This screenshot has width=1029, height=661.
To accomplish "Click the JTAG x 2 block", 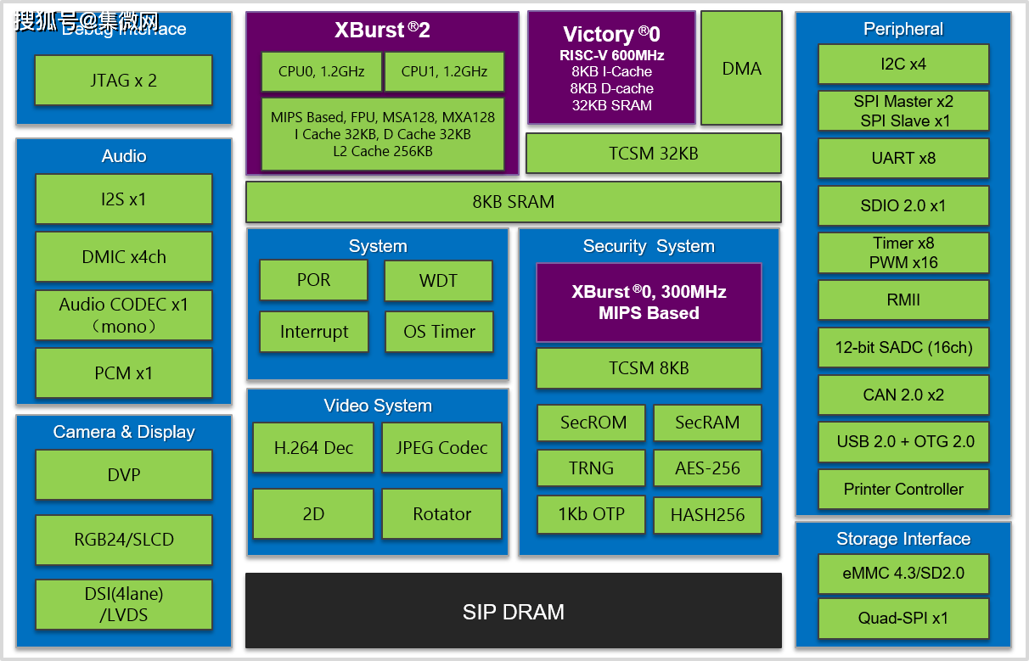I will pos(123,81).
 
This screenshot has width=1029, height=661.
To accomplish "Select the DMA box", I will pos(741,68).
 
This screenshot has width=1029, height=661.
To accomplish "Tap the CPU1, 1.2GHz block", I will pos(444,71).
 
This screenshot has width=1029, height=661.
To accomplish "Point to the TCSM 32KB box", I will pos(653,154).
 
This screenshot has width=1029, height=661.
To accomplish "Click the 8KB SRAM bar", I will pos(513,202).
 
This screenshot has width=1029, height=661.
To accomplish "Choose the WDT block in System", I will pos(438,280).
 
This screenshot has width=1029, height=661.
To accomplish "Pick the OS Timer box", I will pos(438,332).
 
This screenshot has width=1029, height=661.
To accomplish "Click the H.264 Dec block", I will pos(313,447).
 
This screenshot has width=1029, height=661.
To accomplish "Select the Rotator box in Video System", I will pos(441,513).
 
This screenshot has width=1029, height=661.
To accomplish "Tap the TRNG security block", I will pos(591,468).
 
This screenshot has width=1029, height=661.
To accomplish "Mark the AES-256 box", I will pos(707,468).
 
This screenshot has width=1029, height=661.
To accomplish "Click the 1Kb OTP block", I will pos(591,514).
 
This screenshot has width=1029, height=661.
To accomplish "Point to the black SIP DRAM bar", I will pos(513,611).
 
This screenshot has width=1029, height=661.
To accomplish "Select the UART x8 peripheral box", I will pos(903,158).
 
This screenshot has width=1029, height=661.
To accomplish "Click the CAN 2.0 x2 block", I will pos(903,395).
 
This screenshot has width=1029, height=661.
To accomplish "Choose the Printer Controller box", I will pos(903,489).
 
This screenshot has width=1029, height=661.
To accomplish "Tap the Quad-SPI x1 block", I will pos(903,619).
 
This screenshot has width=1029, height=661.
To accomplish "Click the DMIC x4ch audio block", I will pos(124,256).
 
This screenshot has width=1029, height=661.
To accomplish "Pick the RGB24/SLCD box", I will pos(124,539).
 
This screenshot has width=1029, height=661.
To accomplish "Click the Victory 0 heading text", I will pos(611,34).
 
